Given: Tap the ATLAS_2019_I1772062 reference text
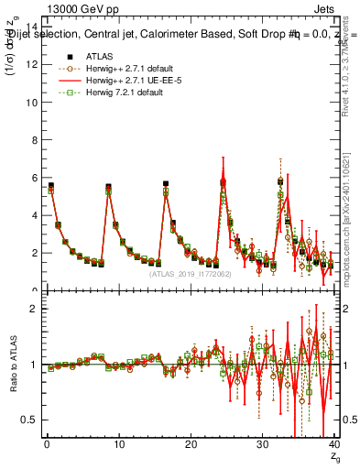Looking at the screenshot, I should click(x=191, y=273).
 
